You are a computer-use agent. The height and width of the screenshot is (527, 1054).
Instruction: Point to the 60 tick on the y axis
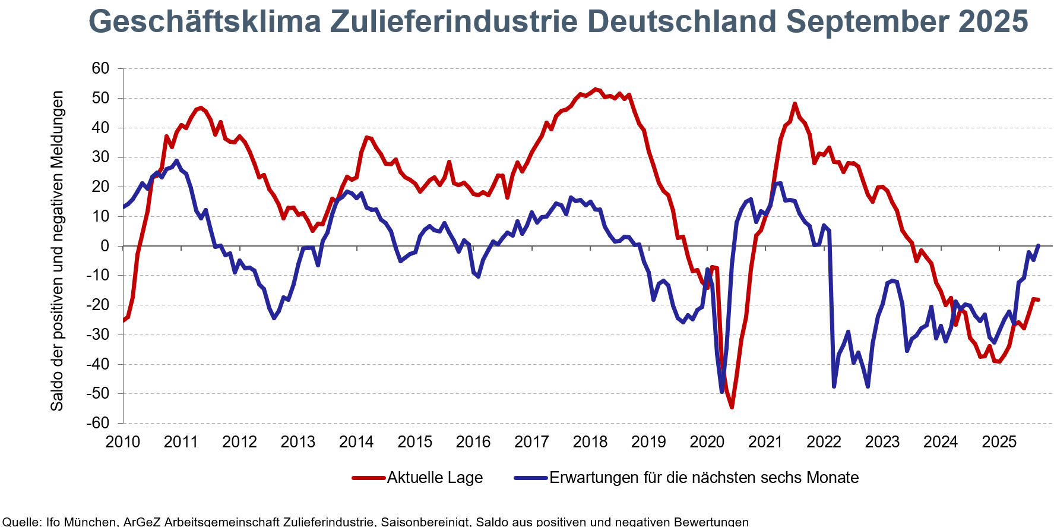click(100, 68)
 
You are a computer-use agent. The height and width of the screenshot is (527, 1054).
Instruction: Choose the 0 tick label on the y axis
click(105, 246)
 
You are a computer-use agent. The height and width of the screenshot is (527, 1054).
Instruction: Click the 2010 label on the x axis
click(122, 442)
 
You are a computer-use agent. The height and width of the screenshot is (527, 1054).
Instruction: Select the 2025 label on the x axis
click(999, 442)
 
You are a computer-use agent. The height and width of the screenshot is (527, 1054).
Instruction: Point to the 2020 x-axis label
click(707, 442)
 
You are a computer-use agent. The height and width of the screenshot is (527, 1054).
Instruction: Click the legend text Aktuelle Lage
click(435, 478)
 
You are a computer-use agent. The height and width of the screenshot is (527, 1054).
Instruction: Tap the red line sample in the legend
click(369, 478)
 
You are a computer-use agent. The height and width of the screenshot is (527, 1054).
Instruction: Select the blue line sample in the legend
click(531, 478)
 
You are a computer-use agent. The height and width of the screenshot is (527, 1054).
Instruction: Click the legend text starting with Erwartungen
click(704, 478)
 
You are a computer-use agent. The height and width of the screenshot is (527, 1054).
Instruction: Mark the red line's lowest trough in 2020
click(732, 407)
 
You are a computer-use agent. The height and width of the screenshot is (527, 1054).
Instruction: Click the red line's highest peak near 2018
click(595, 90)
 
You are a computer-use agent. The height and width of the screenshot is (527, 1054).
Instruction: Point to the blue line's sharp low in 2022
click(834, 387)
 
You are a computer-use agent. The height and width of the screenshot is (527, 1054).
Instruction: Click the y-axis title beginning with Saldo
click(57, 251)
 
